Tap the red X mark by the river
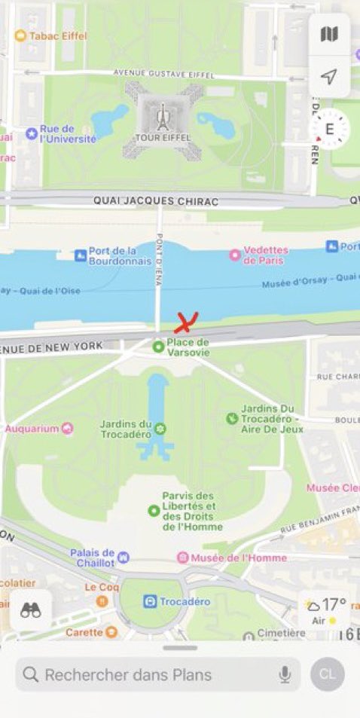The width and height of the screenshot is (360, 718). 185,322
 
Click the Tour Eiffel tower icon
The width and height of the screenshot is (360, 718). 160,118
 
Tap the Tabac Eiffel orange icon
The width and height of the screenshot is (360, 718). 20,35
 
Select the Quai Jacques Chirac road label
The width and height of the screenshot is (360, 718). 155,201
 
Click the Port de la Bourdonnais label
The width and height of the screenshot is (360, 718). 112,255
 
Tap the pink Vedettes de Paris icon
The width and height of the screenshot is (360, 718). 234,255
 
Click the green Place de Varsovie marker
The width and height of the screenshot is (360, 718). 158,347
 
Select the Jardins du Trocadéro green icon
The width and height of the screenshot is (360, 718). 160,429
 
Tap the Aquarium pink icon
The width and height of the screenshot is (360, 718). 68,428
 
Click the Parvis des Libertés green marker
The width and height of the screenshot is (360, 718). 154,511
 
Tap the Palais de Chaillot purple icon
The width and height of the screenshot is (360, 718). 124,558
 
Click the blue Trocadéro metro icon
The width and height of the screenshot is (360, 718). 151,601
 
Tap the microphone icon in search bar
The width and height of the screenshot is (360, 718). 285,674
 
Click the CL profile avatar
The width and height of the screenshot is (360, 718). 327,674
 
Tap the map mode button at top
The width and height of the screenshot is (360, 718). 329,34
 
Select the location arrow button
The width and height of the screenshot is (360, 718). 329,76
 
